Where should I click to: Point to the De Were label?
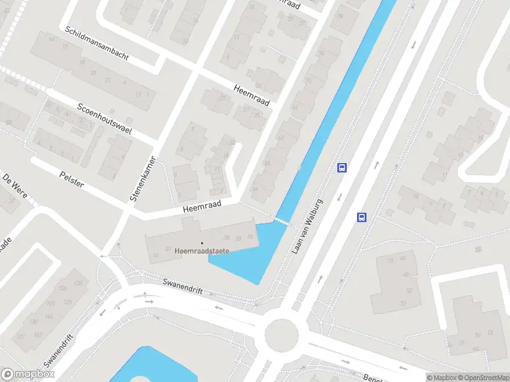(15, 184)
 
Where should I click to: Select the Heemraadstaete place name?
(201, 251)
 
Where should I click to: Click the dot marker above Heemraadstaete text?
(202, 243)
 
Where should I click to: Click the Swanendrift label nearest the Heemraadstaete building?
(182, 286)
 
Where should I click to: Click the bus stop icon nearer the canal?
(342, 167)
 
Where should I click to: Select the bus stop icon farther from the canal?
(362, 217)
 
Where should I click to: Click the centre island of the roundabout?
(281, 332)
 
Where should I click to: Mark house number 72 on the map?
(403, 303)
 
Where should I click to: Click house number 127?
(21, 336)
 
